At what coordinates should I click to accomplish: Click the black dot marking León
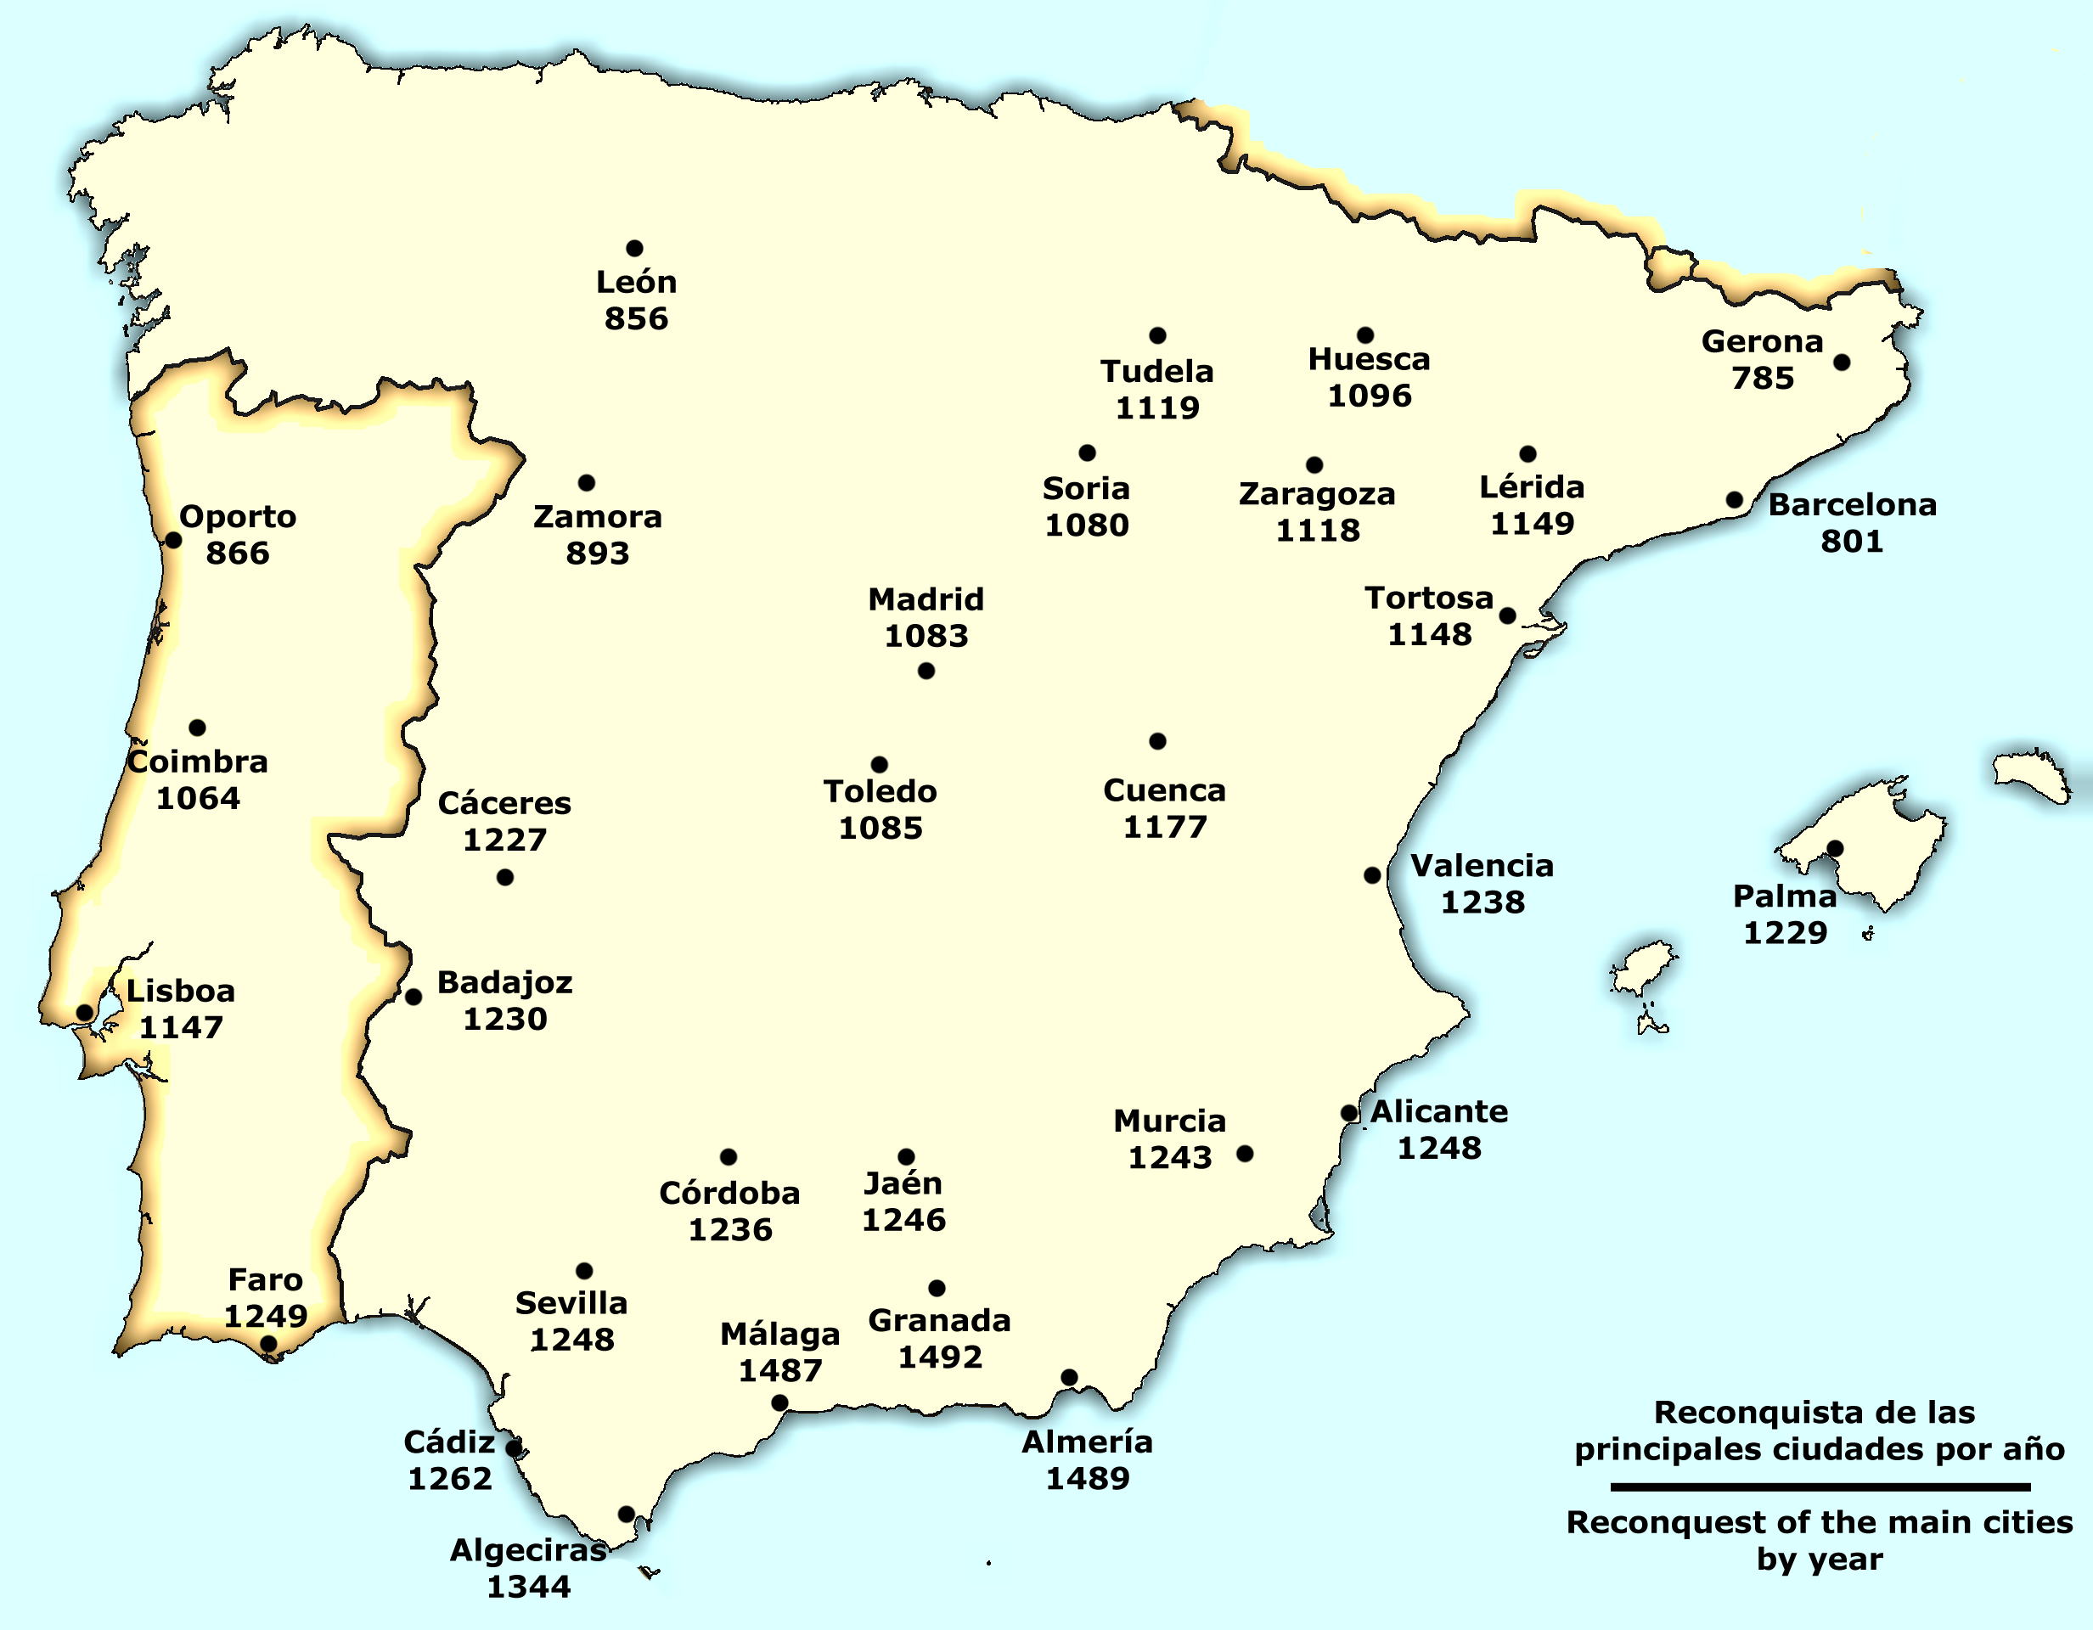pos(634,248)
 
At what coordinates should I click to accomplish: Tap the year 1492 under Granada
pos(939,1357)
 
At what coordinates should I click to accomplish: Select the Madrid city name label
pos(926,600)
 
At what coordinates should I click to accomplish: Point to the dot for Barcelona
pos(1735,500)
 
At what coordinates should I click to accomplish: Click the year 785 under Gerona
pos(1763,379)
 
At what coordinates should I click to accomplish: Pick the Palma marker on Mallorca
pos(1835,848)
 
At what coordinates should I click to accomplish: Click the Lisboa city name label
pos(180,991)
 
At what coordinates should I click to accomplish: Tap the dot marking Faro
pos(269,1344)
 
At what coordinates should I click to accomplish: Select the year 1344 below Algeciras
pos(528,1587)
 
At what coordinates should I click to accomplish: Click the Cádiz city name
pos(448,1442)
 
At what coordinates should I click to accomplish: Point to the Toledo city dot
pos(879,765)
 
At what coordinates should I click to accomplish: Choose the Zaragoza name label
pos(1317,494)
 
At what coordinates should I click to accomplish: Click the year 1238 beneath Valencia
pos(1483,902)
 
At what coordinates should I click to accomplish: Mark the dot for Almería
pos(1070,1377)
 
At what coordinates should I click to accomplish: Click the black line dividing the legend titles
pos(1820,1487)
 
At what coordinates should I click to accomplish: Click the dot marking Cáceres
pos(505,877)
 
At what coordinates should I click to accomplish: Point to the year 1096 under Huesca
pos(1369,396)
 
